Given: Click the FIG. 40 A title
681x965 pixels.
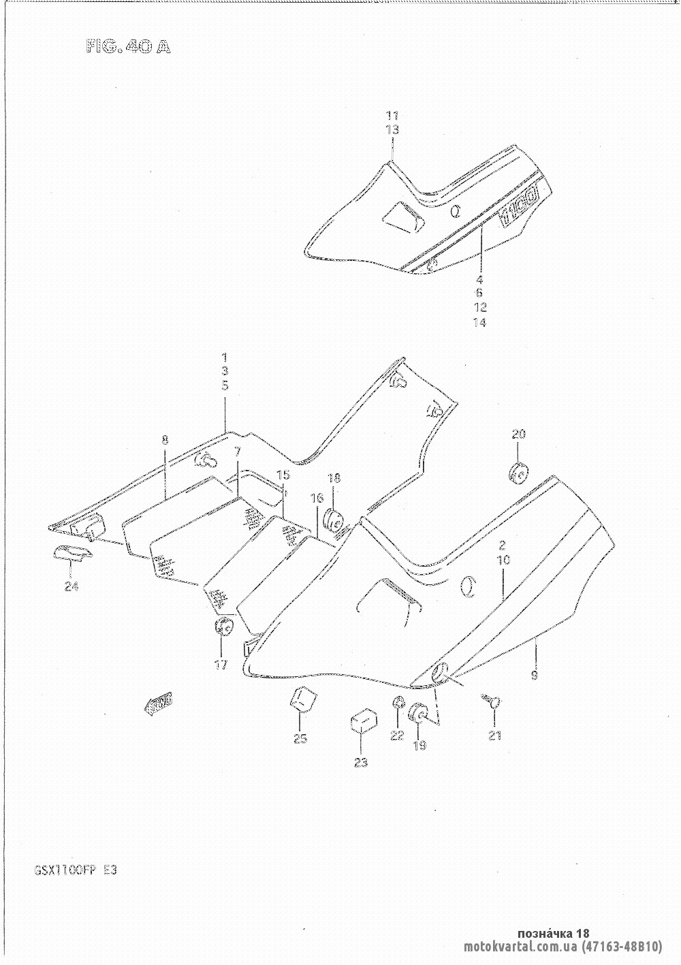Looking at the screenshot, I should pyautogui.click(x=127, y=46).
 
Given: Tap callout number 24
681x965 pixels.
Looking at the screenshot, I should pyautogui.click(x=70, y=586).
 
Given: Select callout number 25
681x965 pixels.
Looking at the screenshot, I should pyautogui.click(x=300, y=738).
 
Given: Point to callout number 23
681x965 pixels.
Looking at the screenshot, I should pyautogui.click(x=360, y=762).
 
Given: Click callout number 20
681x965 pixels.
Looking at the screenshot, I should pyautogui.click(x=519, y=434).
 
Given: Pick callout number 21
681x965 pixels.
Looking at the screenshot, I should pyautogui.click(x=494, y=735).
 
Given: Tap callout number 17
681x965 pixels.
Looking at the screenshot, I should pyautogui.click(x=221, y=665).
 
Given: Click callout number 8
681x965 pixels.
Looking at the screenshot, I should pyautogui.click(x=165, y=440).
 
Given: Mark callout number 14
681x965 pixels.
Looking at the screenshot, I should pyautogui.click(x=479, y=322).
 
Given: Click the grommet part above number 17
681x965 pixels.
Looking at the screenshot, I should pyautogui.click(x=223, y=627).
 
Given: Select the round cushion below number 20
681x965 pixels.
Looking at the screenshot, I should pyautogui.click(x=520, y=472).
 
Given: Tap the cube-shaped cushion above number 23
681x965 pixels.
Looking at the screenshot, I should pyautogui.click(x=363, y=721).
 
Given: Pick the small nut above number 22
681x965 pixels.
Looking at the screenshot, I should pyautogui.click(x=398, y=703).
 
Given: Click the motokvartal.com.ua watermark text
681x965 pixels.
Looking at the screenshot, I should pyautogui.click(x=518, y=947).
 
